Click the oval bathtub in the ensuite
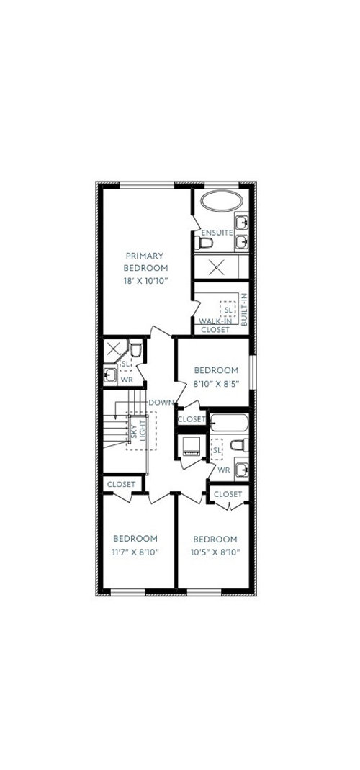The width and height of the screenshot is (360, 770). tap(222, 202)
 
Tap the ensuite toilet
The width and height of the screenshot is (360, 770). tap(203, 243)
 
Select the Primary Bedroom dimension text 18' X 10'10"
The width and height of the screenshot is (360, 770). tap(145, 281)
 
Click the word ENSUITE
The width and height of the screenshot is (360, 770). tap(217, 232)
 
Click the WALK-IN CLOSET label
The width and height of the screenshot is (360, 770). tap(215, 326)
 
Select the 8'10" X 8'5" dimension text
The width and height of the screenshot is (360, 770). tap(216, 383)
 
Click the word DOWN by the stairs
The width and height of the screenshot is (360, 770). tap(161, 403)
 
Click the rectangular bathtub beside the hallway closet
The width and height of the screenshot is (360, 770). tap(229, 423)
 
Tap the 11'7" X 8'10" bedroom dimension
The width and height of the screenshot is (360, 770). tap(135, 552)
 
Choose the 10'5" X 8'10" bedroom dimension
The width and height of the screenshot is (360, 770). tap(215, 552)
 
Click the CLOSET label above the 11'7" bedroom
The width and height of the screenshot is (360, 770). tap(121, 484)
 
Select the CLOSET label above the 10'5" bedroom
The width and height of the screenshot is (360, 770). tap(228, 494)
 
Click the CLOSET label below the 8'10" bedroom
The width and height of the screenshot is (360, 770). tap(192, 419)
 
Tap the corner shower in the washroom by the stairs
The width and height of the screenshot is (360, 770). tap(115, 350)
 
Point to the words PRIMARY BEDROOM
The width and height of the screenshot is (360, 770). tap(145, 261)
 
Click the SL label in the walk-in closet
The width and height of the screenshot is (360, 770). tap(228, 310)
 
